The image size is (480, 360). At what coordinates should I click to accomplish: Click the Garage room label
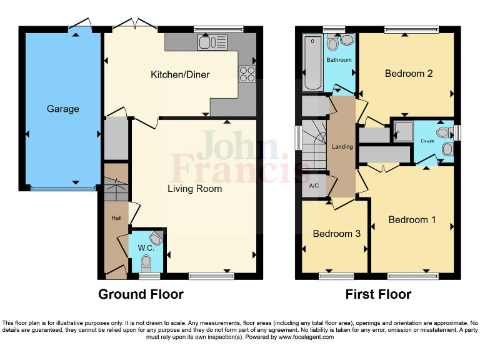[x=63, y=109]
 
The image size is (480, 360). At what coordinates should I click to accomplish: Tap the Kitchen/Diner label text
[x=180, y=75]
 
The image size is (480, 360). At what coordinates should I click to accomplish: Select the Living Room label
[x=194, y=188]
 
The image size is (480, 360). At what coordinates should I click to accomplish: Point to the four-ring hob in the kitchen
[x=247, y=74]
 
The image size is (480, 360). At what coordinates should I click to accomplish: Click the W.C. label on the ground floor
[x=146, y=249]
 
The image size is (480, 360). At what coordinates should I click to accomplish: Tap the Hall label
[x=116, y=218]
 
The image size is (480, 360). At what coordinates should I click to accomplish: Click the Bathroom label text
[x=339, y=60]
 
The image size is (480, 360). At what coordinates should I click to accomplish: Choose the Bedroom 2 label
[x=409, y=74]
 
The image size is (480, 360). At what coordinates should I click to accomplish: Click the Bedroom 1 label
[x=412, y=219]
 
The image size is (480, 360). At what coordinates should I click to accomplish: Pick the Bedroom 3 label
[x=336, y=234]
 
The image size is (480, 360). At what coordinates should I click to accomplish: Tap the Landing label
[x=342, y=147]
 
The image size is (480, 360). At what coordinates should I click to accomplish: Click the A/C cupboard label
[x=314, y=186]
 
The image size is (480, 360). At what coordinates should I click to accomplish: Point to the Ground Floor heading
[x=141, y=294]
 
